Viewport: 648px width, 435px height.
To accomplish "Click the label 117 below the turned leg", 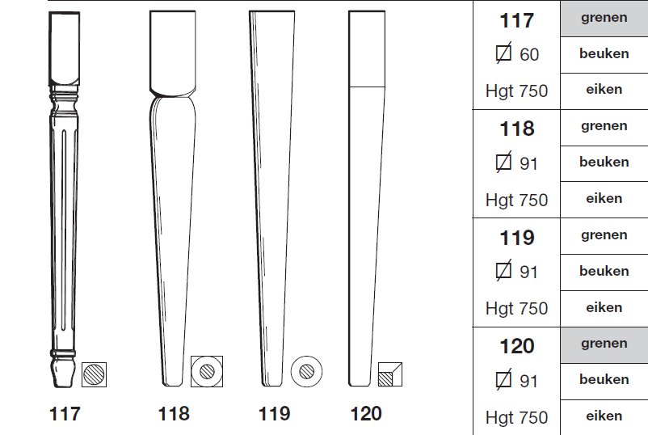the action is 65,413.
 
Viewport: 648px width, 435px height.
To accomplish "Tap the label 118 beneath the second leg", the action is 174,413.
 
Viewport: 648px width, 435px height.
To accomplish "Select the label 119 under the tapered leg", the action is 274,413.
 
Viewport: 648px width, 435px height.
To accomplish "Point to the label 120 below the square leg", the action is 366,413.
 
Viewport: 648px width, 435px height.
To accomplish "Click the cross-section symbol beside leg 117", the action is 94,374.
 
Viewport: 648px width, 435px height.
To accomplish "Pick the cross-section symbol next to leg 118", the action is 207,371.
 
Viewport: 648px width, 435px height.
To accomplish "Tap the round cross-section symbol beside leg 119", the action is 306,371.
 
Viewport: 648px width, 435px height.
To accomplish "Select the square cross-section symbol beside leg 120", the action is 389,374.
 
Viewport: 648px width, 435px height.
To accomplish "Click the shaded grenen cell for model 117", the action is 604,19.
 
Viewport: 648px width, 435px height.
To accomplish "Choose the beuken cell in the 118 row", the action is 604,163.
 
